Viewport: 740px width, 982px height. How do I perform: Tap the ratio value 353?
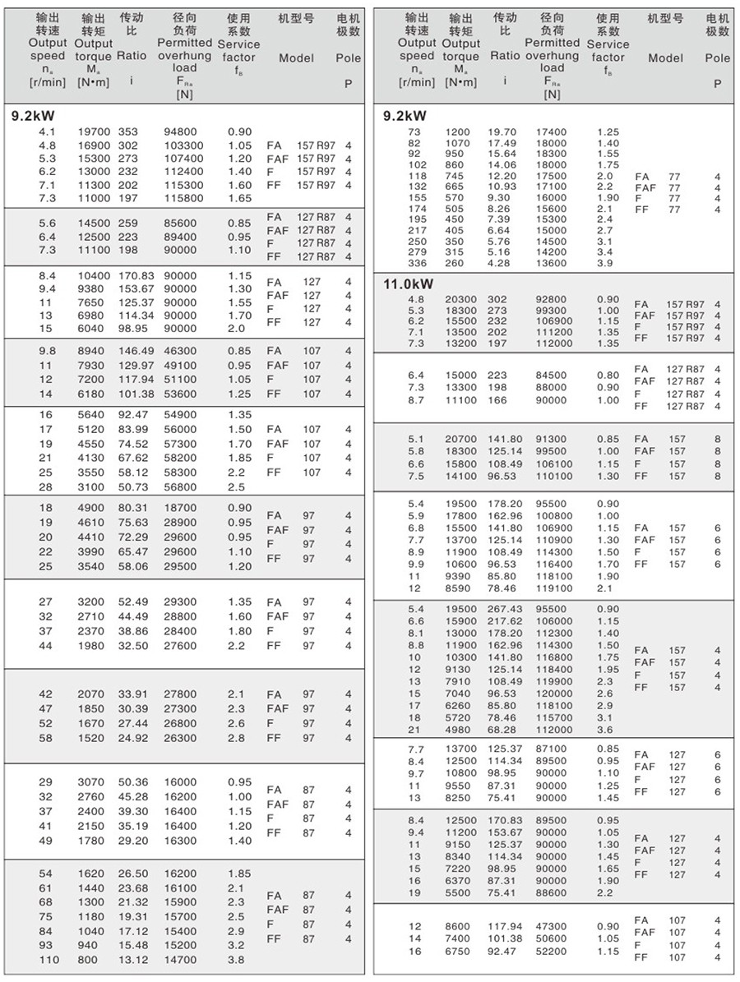[x=128, y=131]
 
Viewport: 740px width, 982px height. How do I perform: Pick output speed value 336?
[x=418, y=263]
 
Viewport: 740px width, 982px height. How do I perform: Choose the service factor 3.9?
[x=604, y=263]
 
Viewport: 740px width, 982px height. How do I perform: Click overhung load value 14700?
[x=182, y=959]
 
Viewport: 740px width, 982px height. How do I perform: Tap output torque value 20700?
[x=461, y=439]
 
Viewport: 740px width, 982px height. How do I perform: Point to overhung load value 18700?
[x=182, y=508]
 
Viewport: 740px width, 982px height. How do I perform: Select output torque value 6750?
[x=461, y=951]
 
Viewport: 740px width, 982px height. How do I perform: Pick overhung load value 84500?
[x=551, y=375]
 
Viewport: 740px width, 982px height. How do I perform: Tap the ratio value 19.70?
[x=502, y=131]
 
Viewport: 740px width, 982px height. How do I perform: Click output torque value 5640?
[x=91, y=415]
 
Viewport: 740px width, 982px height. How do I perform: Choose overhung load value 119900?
[x=551, y=681]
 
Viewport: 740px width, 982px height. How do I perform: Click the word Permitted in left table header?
[x=184, y=42]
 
